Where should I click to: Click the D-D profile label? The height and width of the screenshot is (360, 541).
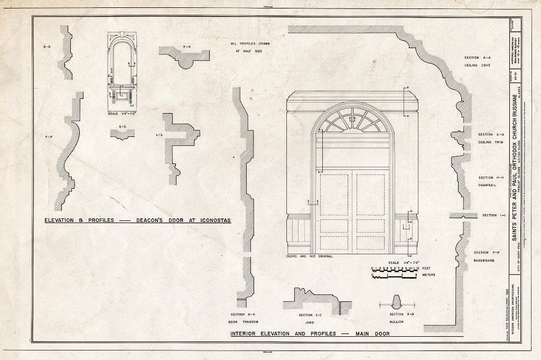47,48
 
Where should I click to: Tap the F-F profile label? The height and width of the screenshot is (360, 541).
48,138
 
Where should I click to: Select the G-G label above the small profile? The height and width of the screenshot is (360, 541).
123,127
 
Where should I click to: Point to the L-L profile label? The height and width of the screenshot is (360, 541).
159,135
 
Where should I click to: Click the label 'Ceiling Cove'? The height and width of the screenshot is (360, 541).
478,66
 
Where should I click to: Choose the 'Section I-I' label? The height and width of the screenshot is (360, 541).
490,215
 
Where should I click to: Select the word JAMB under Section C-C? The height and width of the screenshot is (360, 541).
310,321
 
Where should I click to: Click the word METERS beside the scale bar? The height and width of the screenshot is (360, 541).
428,275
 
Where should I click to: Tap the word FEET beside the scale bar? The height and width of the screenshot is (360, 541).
427,269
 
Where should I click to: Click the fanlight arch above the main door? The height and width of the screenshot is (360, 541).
352,121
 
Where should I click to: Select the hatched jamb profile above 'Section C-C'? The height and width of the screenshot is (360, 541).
315,300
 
